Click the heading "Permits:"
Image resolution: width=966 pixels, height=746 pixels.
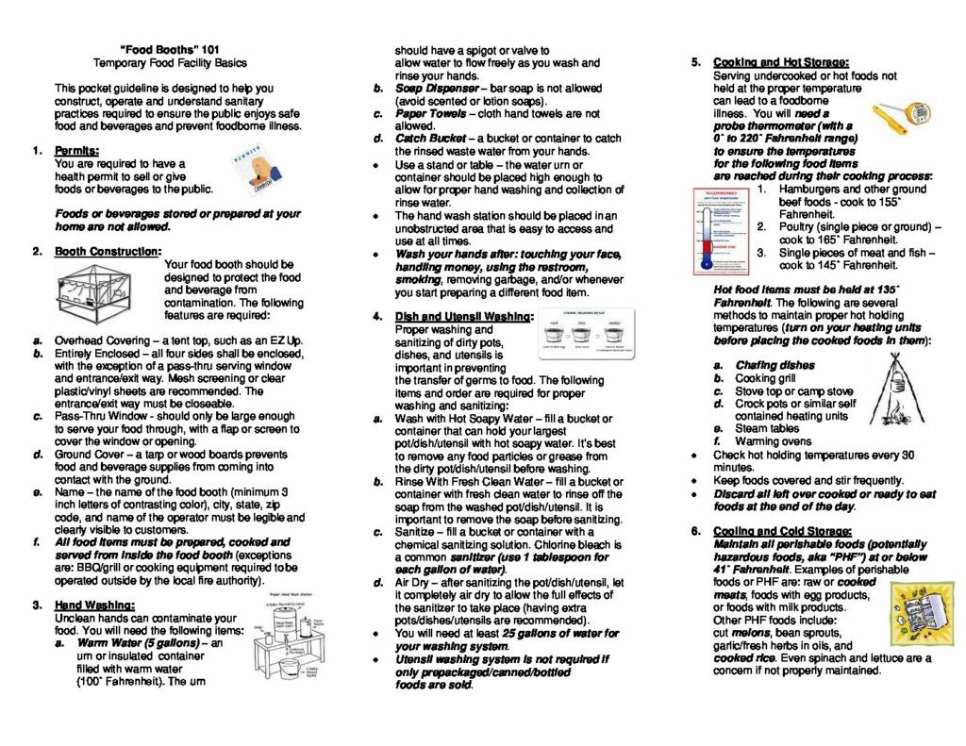click(76, 151)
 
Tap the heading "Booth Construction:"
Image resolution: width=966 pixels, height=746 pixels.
click(107, 252)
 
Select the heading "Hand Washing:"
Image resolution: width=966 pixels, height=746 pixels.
click(94, 605)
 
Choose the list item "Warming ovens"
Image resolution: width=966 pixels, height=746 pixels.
click(773, 441)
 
